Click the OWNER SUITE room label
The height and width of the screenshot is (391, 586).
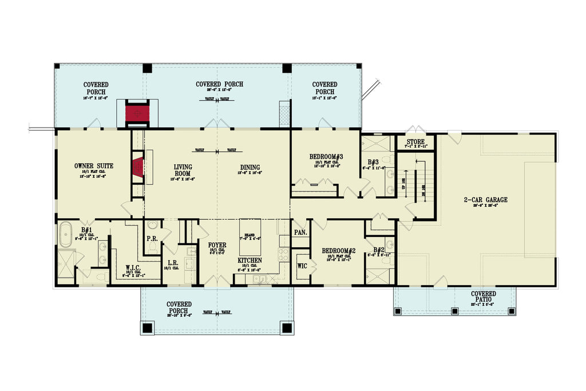click(x=94, y=166)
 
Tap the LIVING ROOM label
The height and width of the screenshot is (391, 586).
click(x=183, y=171)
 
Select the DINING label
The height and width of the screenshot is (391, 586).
click(x=250, y=168)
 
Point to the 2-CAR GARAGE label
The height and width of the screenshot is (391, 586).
click(x=485, y=200)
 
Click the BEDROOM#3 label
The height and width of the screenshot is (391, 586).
click(x=326, y=156)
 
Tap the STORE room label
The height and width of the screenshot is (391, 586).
click(x=416, y=141)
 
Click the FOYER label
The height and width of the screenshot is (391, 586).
click(x=217, y=245)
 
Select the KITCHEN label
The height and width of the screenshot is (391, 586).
click(x=250, y=260)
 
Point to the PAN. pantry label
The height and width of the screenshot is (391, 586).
click(x=300, y=232)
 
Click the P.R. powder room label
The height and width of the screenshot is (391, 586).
click(x=152, y=238)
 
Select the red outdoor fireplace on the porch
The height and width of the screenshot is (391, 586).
click(x=137, y=113)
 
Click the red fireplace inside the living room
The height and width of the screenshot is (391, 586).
click(x=137, y=168)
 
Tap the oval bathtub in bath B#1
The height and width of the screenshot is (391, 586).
click(x=66, y=235)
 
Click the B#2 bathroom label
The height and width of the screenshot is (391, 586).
click(x=379, y=250)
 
